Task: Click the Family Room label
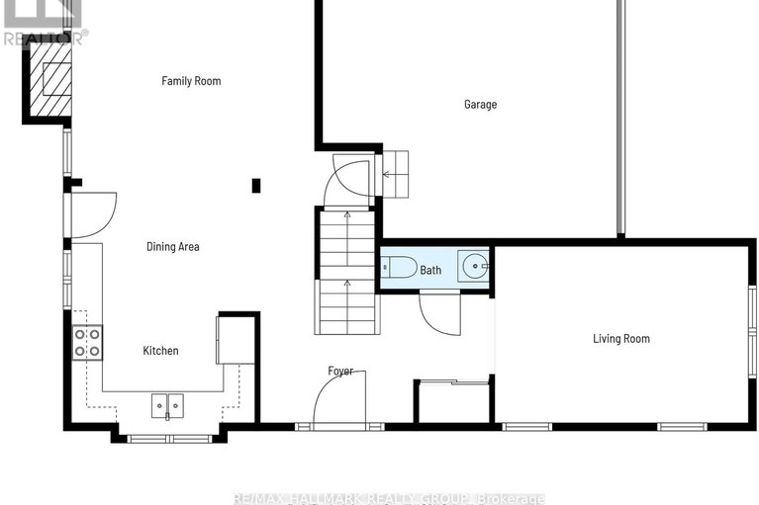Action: pos(191,81)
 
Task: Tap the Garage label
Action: pos(480,105)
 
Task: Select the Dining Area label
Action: pos(173,247)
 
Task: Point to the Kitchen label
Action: pos(160,351)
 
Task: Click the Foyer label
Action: pos(340,372)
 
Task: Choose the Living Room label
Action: pos(620,339)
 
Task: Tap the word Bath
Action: pos(430,270)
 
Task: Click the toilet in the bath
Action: pos(399,268)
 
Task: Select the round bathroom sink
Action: pos(475,267)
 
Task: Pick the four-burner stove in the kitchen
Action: pos(88,342)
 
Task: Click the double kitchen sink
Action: pos(167,405)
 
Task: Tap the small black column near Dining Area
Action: pos(256,185)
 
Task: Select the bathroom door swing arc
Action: pos(438,313)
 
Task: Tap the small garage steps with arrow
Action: pos(395,175)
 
